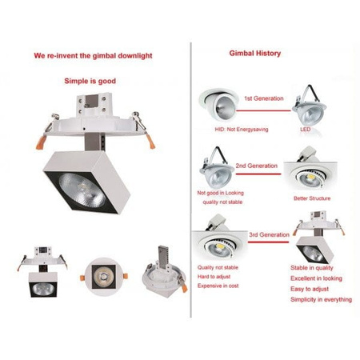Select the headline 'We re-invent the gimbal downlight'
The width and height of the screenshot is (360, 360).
(x=93, y=57)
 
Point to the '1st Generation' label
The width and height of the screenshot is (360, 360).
(x=263, y=98)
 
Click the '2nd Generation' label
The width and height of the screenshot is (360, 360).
(x=256, y=166)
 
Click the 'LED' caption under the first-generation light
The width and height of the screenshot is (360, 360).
(x=305, y=128)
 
